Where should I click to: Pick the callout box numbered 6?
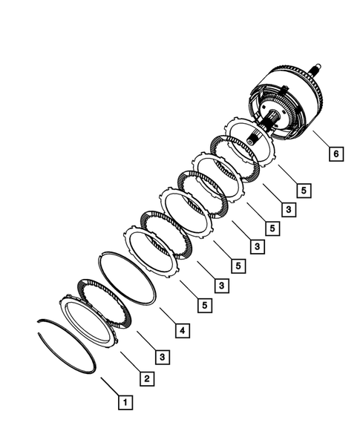point(336,154)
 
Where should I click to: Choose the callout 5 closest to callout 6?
point(304,190)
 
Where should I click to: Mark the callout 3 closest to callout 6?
point(288,210)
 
